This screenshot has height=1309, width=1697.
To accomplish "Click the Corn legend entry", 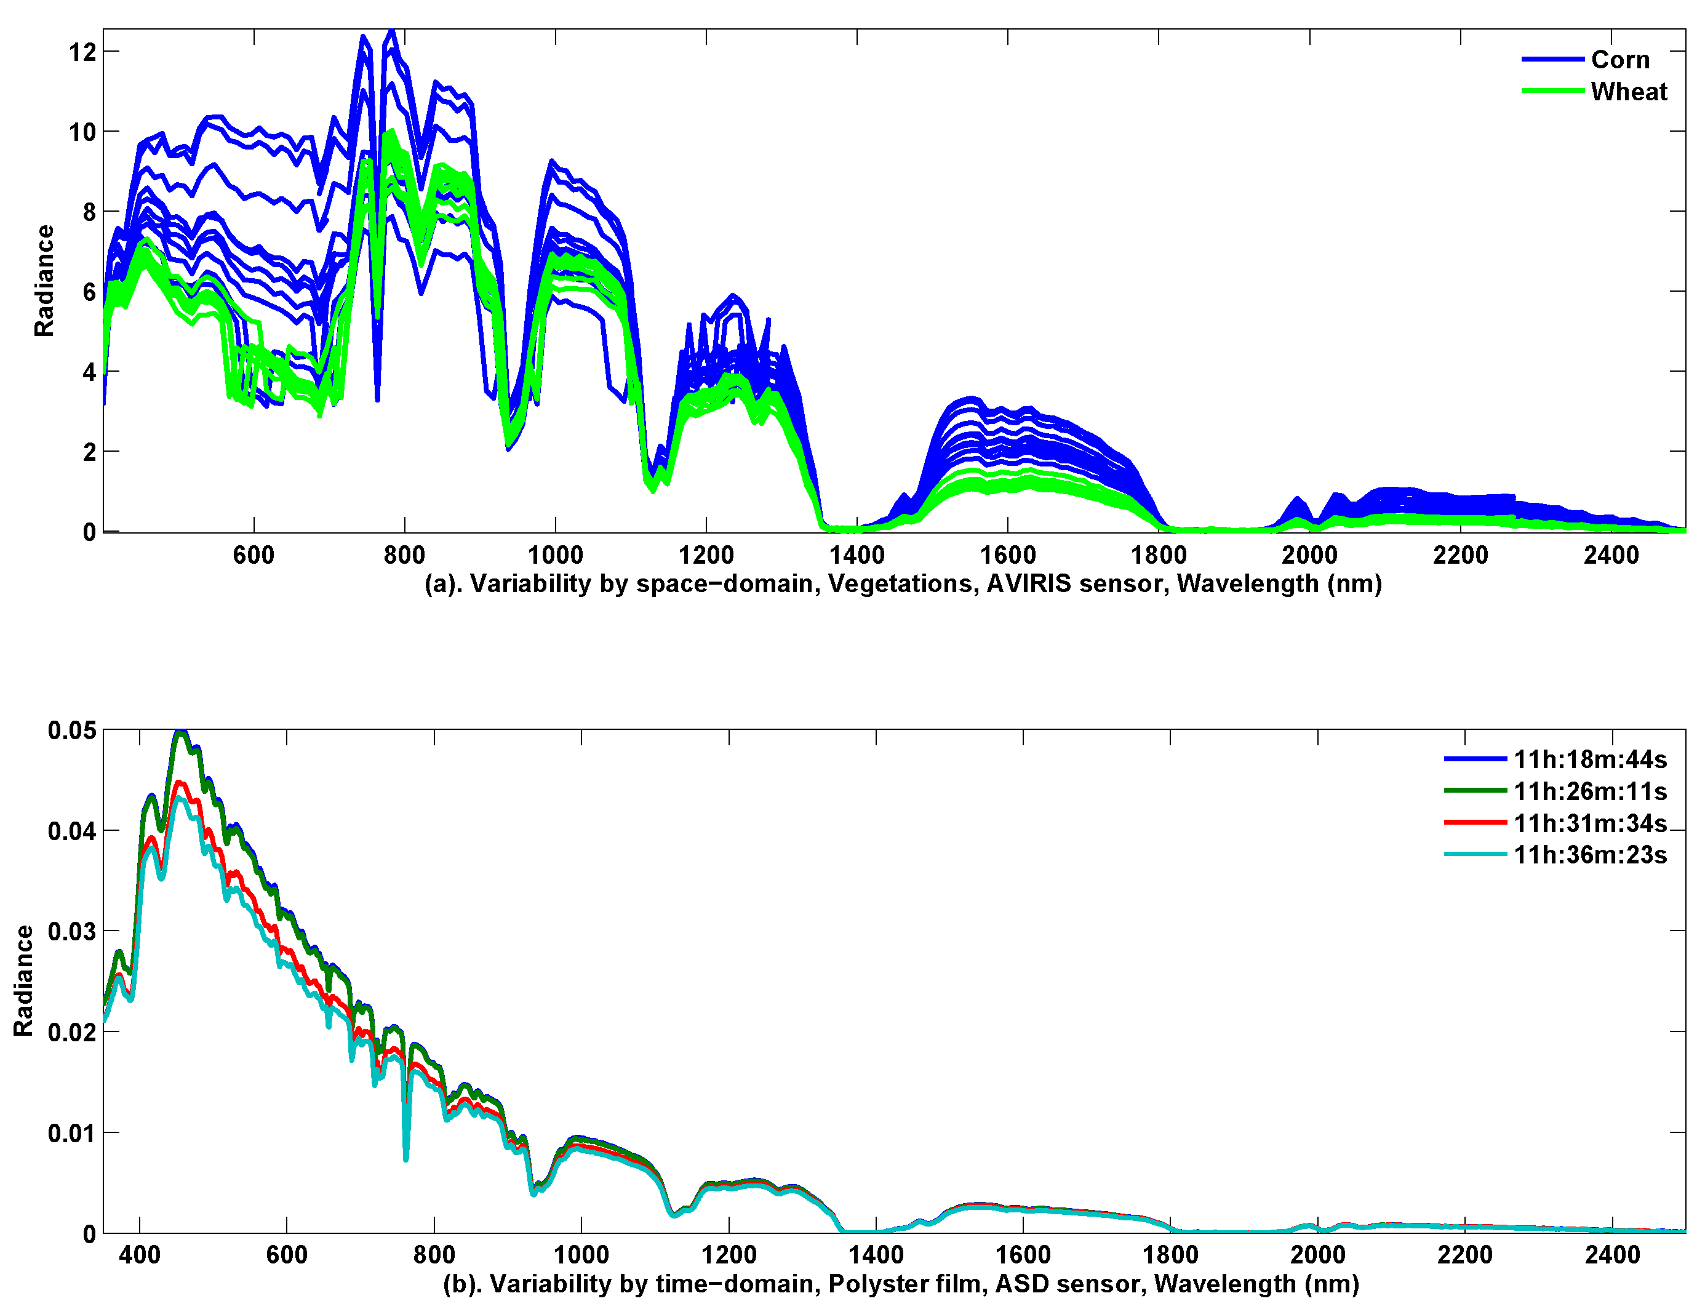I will (1619, 60).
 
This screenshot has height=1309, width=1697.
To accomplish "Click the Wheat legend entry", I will (1628, 92).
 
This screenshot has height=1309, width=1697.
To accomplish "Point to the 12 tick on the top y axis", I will (82, 52).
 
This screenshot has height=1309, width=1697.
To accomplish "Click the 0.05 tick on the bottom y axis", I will (72, 731).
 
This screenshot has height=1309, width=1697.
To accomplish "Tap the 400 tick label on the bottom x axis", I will (139, 1255).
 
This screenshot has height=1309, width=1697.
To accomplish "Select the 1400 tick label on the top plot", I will (856, 555).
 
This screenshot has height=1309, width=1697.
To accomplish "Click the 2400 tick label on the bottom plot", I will (1611, 1255).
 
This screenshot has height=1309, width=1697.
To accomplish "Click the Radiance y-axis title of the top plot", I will (44, 281).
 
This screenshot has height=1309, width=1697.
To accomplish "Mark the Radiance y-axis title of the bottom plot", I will (23, 980).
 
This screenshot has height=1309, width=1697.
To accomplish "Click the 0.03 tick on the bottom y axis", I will (72, 931).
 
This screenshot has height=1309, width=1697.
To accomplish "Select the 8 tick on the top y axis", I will (89, 212).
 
